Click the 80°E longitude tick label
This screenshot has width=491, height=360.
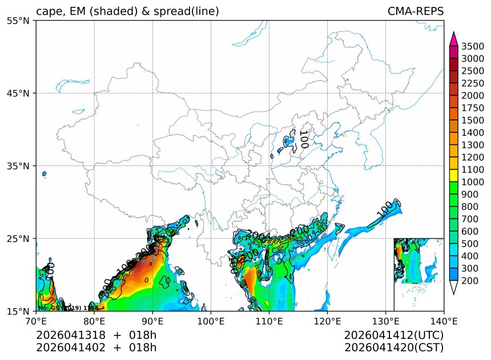(x=94, y=321)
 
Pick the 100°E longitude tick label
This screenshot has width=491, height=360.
(x=211, y=321)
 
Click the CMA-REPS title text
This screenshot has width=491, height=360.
(x=415, y=11)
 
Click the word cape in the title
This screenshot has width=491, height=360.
(x=49, y=12)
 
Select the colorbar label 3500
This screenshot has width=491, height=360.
(x=473, y=46)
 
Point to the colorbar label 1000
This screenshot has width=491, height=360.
(x=473, y=182)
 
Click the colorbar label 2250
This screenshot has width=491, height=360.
(x=473, y=83)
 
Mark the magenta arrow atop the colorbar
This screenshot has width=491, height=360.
(x=454, y=39)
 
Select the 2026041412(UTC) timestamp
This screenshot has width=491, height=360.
(x=394, y=335)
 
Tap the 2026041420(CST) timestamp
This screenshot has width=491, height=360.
(x=394, y=347)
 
